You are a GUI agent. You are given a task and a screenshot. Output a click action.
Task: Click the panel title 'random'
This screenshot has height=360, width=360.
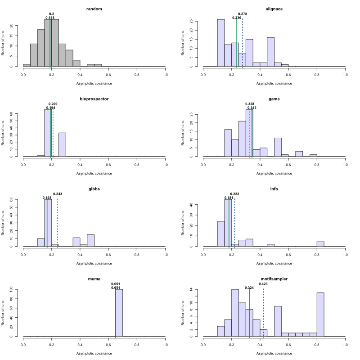pos(94,9)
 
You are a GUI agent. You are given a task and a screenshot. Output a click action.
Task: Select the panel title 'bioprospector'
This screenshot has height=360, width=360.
pos(94,99)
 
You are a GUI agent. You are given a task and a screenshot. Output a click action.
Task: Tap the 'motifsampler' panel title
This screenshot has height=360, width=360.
pos(274,279)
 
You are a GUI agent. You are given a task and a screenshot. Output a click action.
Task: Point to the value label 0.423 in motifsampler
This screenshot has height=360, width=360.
pos(263,284)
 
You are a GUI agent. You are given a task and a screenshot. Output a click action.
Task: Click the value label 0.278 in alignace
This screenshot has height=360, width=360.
pos(243,14)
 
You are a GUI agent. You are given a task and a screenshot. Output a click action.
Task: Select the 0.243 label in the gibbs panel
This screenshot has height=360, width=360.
pos(58,194)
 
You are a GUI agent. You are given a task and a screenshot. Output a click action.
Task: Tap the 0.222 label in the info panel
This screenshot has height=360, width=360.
pos(234,194)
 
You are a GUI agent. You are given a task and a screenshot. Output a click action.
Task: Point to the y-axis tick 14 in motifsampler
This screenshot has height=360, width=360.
pos(197,289)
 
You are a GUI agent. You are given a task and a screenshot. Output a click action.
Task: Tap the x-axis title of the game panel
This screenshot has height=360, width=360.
pos(274,173)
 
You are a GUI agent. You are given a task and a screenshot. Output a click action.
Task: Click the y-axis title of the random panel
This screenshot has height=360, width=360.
pos(3,43)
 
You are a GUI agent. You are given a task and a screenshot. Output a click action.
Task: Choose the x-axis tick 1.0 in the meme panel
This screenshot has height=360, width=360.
pos(165,344)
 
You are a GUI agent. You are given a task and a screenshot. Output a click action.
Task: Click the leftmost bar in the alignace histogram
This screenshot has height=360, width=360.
pos(221,43)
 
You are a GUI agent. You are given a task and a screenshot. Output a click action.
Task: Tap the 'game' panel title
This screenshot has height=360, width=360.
pos(274,99)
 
